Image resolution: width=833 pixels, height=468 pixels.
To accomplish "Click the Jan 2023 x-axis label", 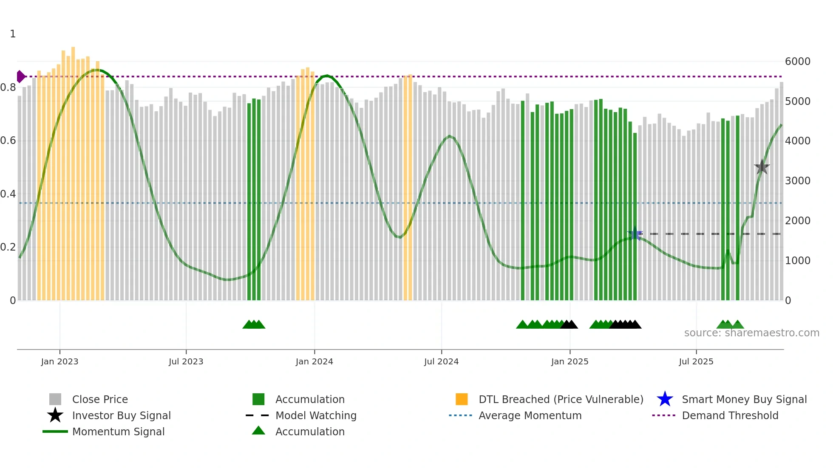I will pos(59,361).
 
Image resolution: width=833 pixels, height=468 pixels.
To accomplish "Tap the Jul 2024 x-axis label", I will pos(441,361).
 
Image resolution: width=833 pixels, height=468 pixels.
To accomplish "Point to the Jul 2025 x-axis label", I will pos(696,361).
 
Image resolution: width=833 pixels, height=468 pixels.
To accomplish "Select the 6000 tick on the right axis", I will pos(797,62).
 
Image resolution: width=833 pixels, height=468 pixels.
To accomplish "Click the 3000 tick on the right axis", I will pos(797,181).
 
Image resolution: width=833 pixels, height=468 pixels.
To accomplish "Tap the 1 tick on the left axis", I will pos(13,34).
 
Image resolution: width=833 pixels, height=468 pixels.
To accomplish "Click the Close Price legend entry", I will pos(100,399).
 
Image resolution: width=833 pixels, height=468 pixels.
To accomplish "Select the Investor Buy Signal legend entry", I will pos(121,415).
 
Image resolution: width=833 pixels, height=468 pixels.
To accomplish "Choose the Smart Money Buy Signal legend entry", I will pos(744,399).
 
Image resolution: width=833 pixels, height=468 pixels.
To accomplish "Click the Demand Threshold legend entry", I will pos(730,415).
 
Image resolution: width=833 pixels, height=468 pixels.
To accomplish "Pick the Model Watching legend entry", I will pos(316,415).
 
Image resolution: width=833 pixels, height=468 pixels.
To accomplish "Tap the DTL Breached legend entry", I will pos(561,399).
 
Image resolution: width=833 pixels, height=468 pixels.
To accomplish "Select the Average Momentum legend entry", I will pos(530,415).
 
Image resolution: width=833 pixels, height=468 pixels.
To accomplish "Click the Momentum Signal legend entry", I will pos(118,431).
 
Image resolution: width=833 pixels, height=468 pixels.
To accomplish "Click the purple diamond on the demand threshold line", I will pos(20,76).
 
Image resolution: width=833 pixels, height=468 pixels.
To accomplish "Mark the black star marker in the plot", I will pos(762,167).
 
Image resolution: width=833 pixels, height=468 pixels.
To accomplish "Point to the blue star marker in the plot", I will pos(635,234).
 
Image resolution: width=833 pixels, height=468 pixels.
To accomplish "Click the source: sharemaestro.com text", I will pos(751,333).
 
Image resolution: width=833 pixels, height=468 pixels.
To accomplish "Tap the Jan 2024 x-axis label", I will pos(314,361).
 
